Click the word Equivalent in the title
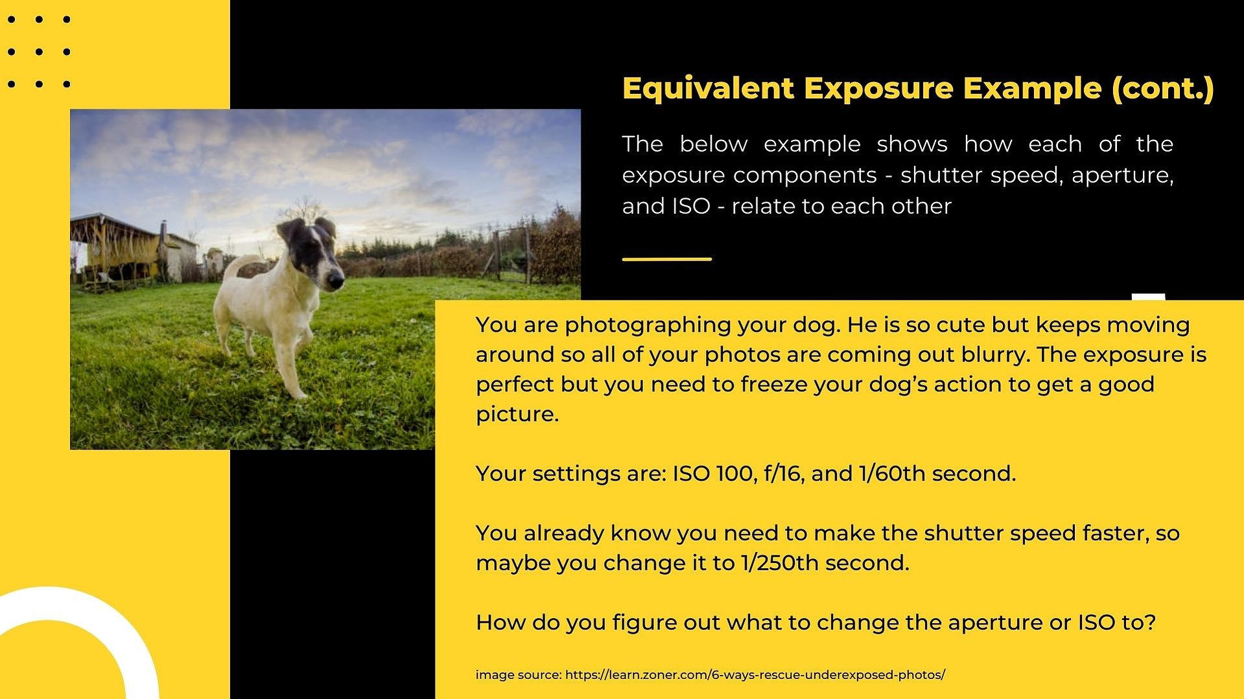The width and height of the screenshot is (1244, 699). click(708, 88)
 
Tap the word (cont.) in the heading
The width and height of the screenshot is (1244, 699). click(1163, 89)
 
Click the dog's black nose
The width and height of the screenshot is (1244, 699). click(335, 281)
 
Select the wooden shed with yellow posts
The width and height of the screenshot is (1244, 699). click(115, 249)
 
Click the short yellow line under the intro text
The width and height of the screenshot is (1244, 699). click(666, 259)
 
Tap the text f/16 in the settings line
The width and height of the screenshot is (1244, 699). click(784, 474)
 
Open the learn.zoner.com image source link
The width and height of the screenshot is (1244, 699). click(755, 674)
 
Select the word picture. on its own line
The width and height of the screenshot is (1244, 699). click(517, 414)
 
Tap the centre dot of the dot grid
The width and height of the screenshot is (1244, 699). click(39, 52)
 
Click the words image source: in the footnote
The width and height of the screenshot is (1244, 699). click(519, 675)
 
